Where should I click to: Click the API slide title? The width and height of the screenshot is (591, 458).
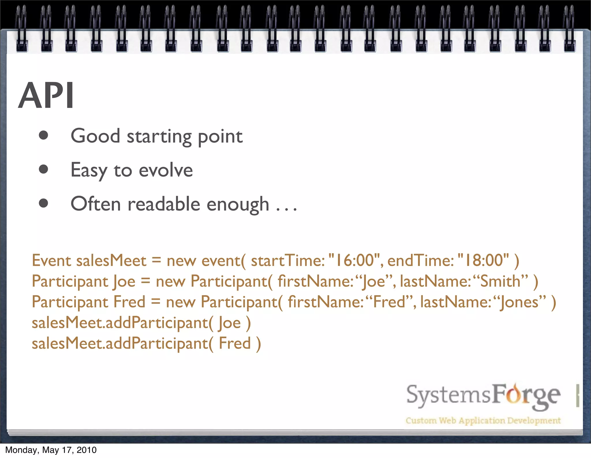(x=46, y=96)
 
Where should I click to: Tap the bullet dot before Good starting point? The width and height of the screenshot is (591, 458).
(x=43, y=135)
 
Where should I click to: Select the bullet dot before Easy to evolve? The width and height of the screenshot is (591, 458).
(x=43, y=169)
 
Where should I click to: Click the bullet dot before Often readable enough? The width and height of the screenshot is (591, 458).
(x=43, y=203)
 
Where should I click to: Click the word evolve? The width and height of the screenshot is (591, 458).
(x=166, y=170)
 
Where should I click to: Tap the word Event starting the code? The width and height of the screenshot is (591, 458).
(x=51, y=260)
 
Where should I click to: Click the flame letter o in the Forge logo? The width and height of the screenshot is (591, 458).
(x=514, y=395)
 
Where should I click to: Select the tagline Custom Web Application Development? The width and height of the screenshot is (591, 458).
(x=483, y=420)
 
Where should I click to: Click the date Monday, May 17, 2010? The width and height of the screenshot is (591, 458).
(x=51, y=450)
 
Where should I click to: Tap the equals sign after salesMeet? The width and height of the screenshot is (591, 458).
(x=156, y=260)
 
